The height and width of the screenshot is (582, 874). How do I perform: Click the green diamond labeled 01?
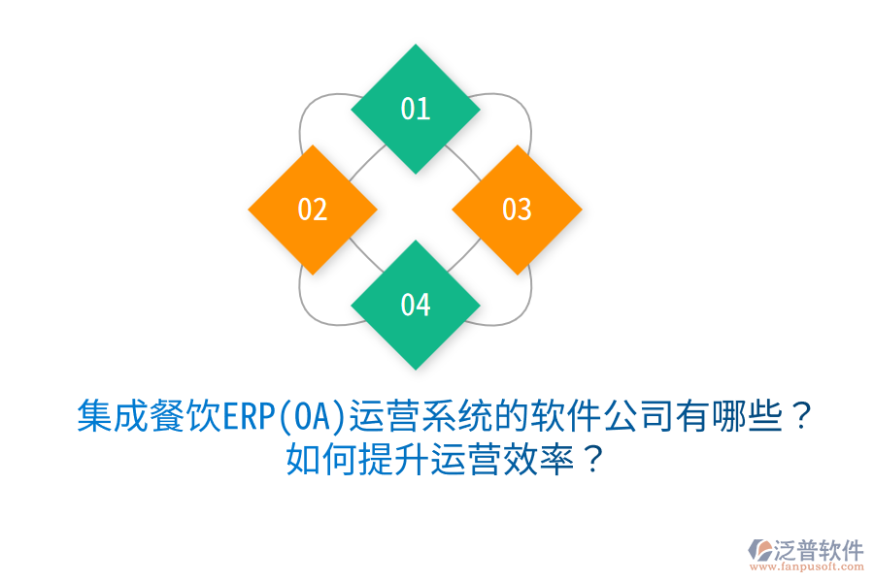[x=415, y=109]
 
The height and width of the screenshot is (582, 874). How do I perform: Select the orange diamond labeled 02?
[x=312, y=209]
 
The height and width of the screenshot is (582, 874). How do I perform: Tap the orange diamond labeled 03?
[x=517, y=209]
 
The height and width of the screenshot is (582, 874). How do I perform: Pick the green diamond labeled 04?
[x=415, y=305]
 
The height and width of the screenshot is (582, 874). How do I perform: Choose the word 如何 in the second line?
[x=315, y=458]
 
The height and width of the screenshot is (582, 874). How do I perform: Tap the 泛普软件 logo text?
[x=819, y=550]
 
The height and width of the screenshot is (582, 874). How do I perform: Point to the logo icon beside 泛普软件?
[x=758, y=550]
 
